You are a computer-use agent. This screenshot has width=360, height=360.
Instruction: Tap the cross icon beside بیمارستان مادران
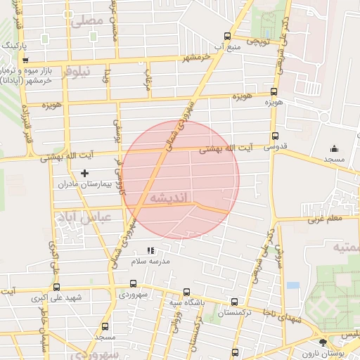point(85,173)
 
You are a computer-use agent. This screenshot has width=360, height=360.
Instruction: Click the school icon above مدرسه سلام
point(150,250)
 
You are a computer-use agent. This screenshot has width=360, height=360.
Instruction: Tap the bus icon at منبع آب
point(226,37)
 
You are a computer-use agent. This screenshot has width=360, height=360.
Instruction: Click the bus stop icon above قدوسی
point(274,136)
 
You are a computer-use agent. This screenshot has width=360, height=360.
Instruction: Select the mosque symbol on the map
point(334,149)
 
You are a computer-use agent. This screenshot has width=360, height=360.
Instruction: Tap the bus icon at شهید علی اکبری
point(56,287)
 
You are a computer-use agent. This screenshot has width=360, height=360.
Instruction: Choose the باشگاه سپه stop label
point(186,303)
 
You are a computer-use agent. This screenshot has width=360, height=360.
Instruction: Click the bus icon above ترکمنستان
point(234,302)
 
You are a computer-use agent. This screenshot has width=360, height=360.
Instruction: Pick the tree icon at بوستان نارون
point(322,342)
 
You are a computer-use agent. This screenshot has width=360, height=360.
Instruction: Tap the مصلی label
point(86,21)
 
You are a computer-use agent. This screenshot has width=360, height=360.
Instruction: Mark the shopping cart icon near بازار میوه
point(26,59)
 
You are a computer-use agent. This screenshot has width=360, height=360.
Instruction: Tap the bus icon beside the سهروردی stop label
point(133,284)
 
